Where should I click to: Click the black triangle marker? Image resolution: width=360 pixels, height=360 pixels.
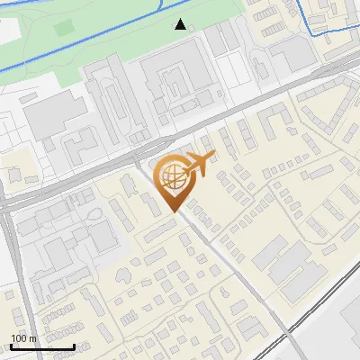pyautogui.click(x=181, y=24)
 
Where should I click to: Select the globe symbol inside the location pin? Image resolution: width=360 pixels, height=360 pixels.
pyautogui.click(x=171, y=176)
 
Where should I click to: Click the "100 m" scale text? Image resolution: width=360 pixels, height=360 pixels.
pyautogui.click(x=23, y=338)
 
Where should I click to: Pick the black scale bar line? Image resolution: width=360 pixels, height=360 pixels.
pyautogui.click(x=42, y=346)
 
